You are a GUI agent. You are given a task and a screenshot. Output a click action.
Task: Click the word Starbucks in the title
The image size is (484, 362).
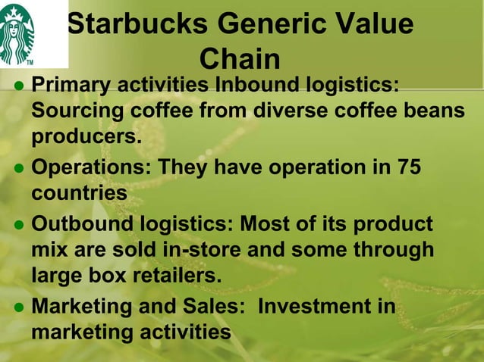tap(134, 24)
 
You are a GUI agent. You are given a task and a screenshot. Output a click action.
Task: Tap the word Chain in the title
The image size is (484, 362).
tap(240, 59)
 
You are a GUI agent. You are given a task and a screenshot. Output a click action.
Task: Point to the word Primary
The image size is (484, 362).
tap(71, 84)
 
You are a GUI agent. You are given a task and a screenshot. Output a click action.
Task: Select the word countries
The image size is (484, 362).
tap(79, 194)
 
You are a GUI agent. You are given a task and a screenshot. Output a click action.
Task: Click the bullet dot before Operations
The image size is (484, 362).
tap(19, 167)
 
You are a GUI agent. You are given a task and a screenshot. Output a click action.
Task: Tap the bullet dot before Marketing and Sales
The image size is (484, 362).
tap(19, 307)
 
